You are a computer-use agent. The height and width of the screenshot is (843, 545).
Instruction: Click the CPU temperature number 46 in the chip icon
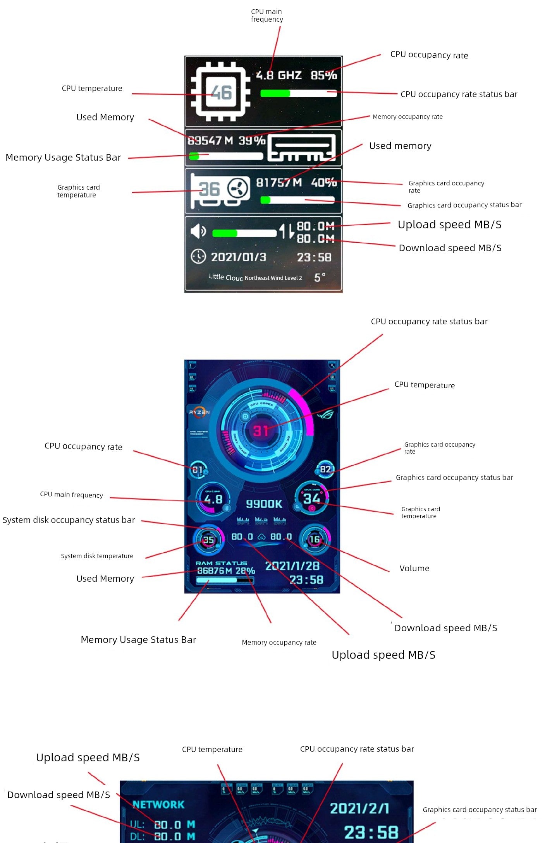pos(221,93)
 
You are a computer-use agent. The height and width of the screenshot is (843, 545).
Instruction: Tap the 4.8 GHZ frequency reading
pos(279,75)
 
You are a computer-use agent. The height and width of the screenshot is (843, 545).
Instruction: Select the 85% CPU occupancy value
pos(324,75)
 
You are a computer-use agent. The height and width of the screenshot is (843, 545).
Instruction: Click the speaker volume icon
pos(198,231)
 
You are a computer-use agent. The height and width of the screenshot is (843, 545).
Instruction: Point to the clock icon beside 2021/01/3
pos(198,256)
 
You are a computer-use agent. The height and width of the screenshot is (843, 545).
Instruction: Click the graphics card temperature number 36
pos(209,189)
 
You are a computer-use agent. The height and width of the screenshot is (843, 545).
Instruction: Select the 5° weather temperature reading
pos(320,278)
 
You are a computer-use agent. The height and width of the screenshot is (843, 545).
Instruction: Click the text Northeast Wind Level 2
pos(273,278)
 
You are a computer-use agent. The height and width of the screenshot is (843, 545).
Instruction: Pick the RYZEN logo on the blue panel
pos(199,412)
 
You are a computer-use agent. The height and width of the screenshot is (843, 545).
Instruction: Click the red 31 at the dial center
pos(261,430)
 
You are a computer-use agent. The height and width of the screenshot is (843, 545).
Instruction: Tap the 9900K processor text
pos(264,504)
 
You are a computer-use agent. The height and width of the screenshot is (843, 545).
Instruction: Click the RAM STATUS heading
pos(221,563)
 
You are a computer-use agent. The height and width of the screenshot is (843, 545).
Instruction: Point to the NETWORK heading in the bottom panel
pos(158,805)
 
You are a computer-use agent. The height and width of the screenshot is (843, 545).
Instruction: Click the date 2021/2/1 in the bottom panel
pos(359,808)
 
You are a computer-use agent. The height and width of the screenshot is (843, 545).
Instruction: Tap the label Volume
pos(414,568)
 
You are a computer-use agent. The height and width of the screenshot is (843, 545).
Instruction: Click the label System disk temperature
pos(97,556)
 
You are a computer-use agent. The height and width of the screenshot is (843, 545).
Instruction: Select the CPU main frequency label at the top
pos(267,15)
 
